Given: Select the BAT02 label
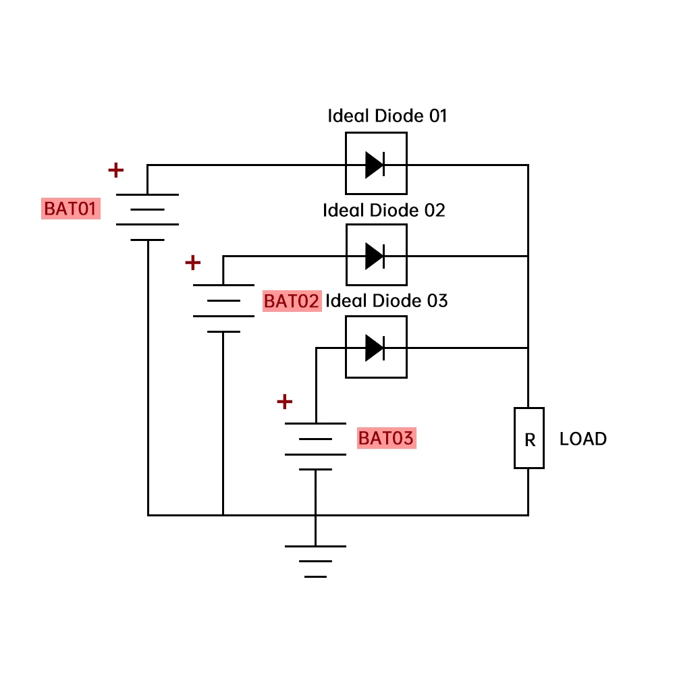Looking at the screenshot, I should pos(291,301).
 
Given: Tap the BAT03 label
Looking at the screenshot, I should pos(386,439).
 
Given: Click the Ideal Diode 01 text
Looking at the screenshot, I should pos(387,116).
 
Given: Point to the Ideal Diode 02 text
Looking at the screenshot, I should pos(384,211).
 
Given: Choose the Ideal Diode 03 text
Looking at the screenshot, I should pos(387,301).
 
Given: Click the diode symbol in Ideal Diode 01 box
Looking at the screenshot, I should pos(375,165).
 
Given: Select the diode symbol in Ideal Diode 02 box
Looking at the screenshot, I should pos(375,256).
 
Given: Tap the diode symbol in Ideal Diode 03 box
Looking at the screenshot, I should pos(375,348).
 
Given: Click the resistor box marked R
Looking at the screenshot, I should pos(529,438).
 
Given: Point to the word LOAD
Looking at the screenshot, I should pos(583,439).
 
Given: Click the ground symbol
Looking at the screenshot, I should pos(315,561).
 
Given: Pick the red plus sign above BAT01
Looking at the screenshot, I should pos(116,170).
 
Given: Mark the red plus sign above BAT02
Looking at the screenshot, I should pos(193,262).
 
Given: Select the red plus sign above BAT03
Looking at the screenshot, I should pos(285,402).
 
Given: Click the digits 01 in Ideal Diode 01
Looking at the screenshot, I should pos(438,116).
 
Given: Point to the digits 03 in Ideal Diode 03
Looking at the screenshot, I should pos(437,301).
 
